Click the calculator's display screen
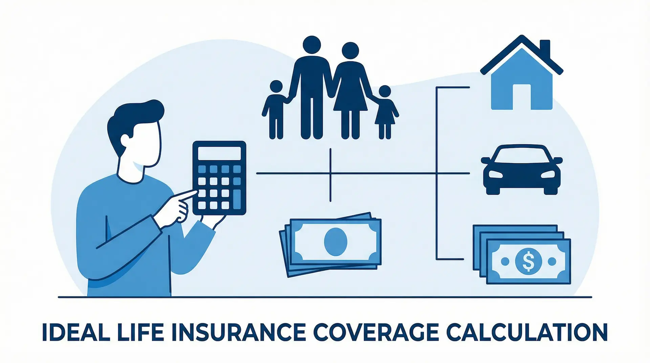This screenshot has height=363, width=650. [219, 153]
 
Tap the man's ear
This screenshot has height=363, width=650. [125, 139]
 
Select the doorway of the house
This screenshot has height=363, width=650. [522, 97]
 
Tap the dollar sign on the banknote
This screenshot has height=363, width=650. [528, 261]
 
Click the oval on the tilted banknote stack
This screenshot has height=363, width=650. [335, 241]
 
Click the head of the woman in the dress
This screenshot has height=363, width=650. [350, 51]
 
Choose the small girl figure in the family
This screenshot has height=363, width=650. [385, 112]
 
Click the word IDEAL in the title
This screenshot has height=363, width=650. [71, 333]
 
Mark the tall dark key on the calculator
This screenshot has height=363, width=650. [237, 199]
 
